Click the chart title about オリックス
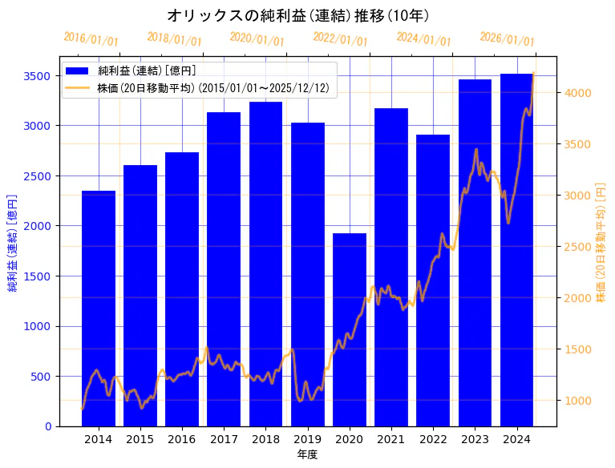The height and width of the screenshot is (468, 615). point(298,15)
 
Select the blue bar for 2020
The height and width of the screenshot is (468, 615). point(350,329)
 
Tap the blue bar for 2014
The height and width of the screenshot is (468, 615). point(99,309)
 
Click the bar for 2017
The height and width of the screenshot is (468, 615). point(224,269)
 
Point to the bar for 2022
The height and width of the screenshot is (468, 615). point(433,280)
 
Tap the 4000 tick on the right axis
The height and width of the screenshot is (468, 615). point(579,93)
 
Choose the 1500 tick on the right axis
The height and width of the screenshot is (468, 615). point(579,349)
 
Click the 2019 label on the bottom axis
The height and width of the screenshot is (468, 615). point(308,439)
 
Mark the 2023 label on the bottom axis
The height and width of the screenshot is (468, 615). point(475,439)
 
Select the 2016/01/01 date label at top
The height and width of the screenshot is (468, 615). point(91,39)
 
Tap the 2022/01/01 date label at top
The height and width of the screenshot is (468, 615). point(340,39)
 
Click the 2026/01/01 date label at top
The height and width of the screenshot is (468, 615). point(507,39)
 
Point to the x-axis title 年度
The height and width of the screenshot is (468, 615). point(307,454)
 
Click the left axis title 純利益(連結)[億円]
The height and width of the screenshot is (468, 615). point(13,241)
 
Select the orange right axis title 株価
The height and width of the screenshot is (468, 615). point(601,241)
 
